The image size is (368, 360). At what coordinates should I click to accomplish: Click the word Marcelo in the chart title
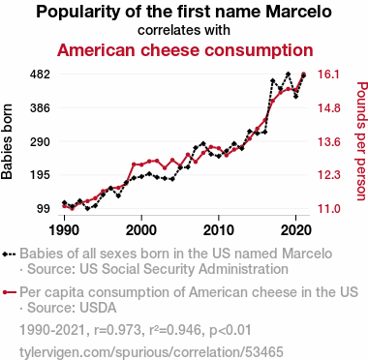click(x=298, y=12)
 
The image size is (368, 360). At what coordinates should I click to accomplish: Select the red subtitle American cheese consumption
click(x=185, y=50)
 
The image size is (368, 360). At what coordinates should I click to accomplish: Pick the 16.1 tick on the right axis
click(x=328, y=75)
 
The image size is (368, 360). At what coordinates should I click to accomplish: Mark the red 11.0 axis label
click(x=328, y=209)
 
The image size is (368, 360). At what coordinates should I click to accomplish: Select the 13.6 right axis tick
click(x=328, y=141)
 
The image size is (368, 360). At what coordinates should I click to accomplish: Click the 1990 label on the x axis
click(x=65, y=230)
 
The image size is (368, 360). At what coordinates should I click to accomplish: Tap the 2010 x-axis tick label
click(x=219, y=230)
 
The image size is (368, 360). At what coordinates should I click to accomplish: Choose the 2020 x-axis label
click(x=296, y=230)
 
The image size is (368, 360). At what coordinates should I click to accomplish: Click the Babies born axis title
click(x=7, y=141)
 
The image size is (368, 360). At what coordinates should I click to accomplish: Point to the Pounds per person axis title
click(x=361, y=141)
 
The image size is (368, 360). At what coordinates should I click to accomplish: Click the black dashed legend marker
click(x=9, y=254)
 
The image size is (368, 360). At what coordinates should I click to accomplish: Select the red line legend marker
click(x=9, y=292)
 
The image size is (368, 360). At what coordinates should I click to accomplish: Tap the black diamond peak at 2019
click(x=288, y=75)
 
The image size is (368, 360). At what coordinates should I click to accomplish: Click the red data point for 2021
click(x=303, y=74)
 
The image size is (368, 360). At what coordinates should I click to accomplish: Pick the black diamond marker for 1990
click(x=65, y=202)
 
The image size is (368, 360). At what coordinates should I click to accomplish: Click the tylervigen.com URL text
click(x=151, y=352)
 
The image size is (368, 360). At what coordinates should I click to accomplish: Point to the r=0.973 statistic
click(x=118, y=330)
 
